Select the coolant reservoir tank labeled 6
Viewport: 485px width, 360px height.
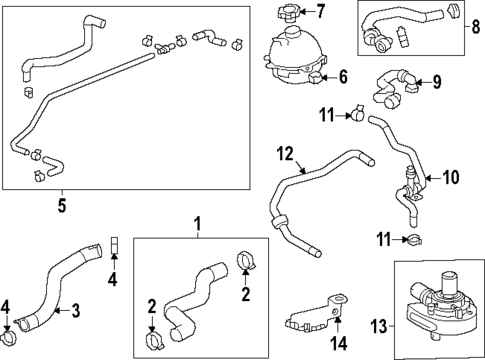pos(292,57)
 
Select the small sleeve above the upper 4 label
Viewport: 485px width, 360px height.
pos(113,242)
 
